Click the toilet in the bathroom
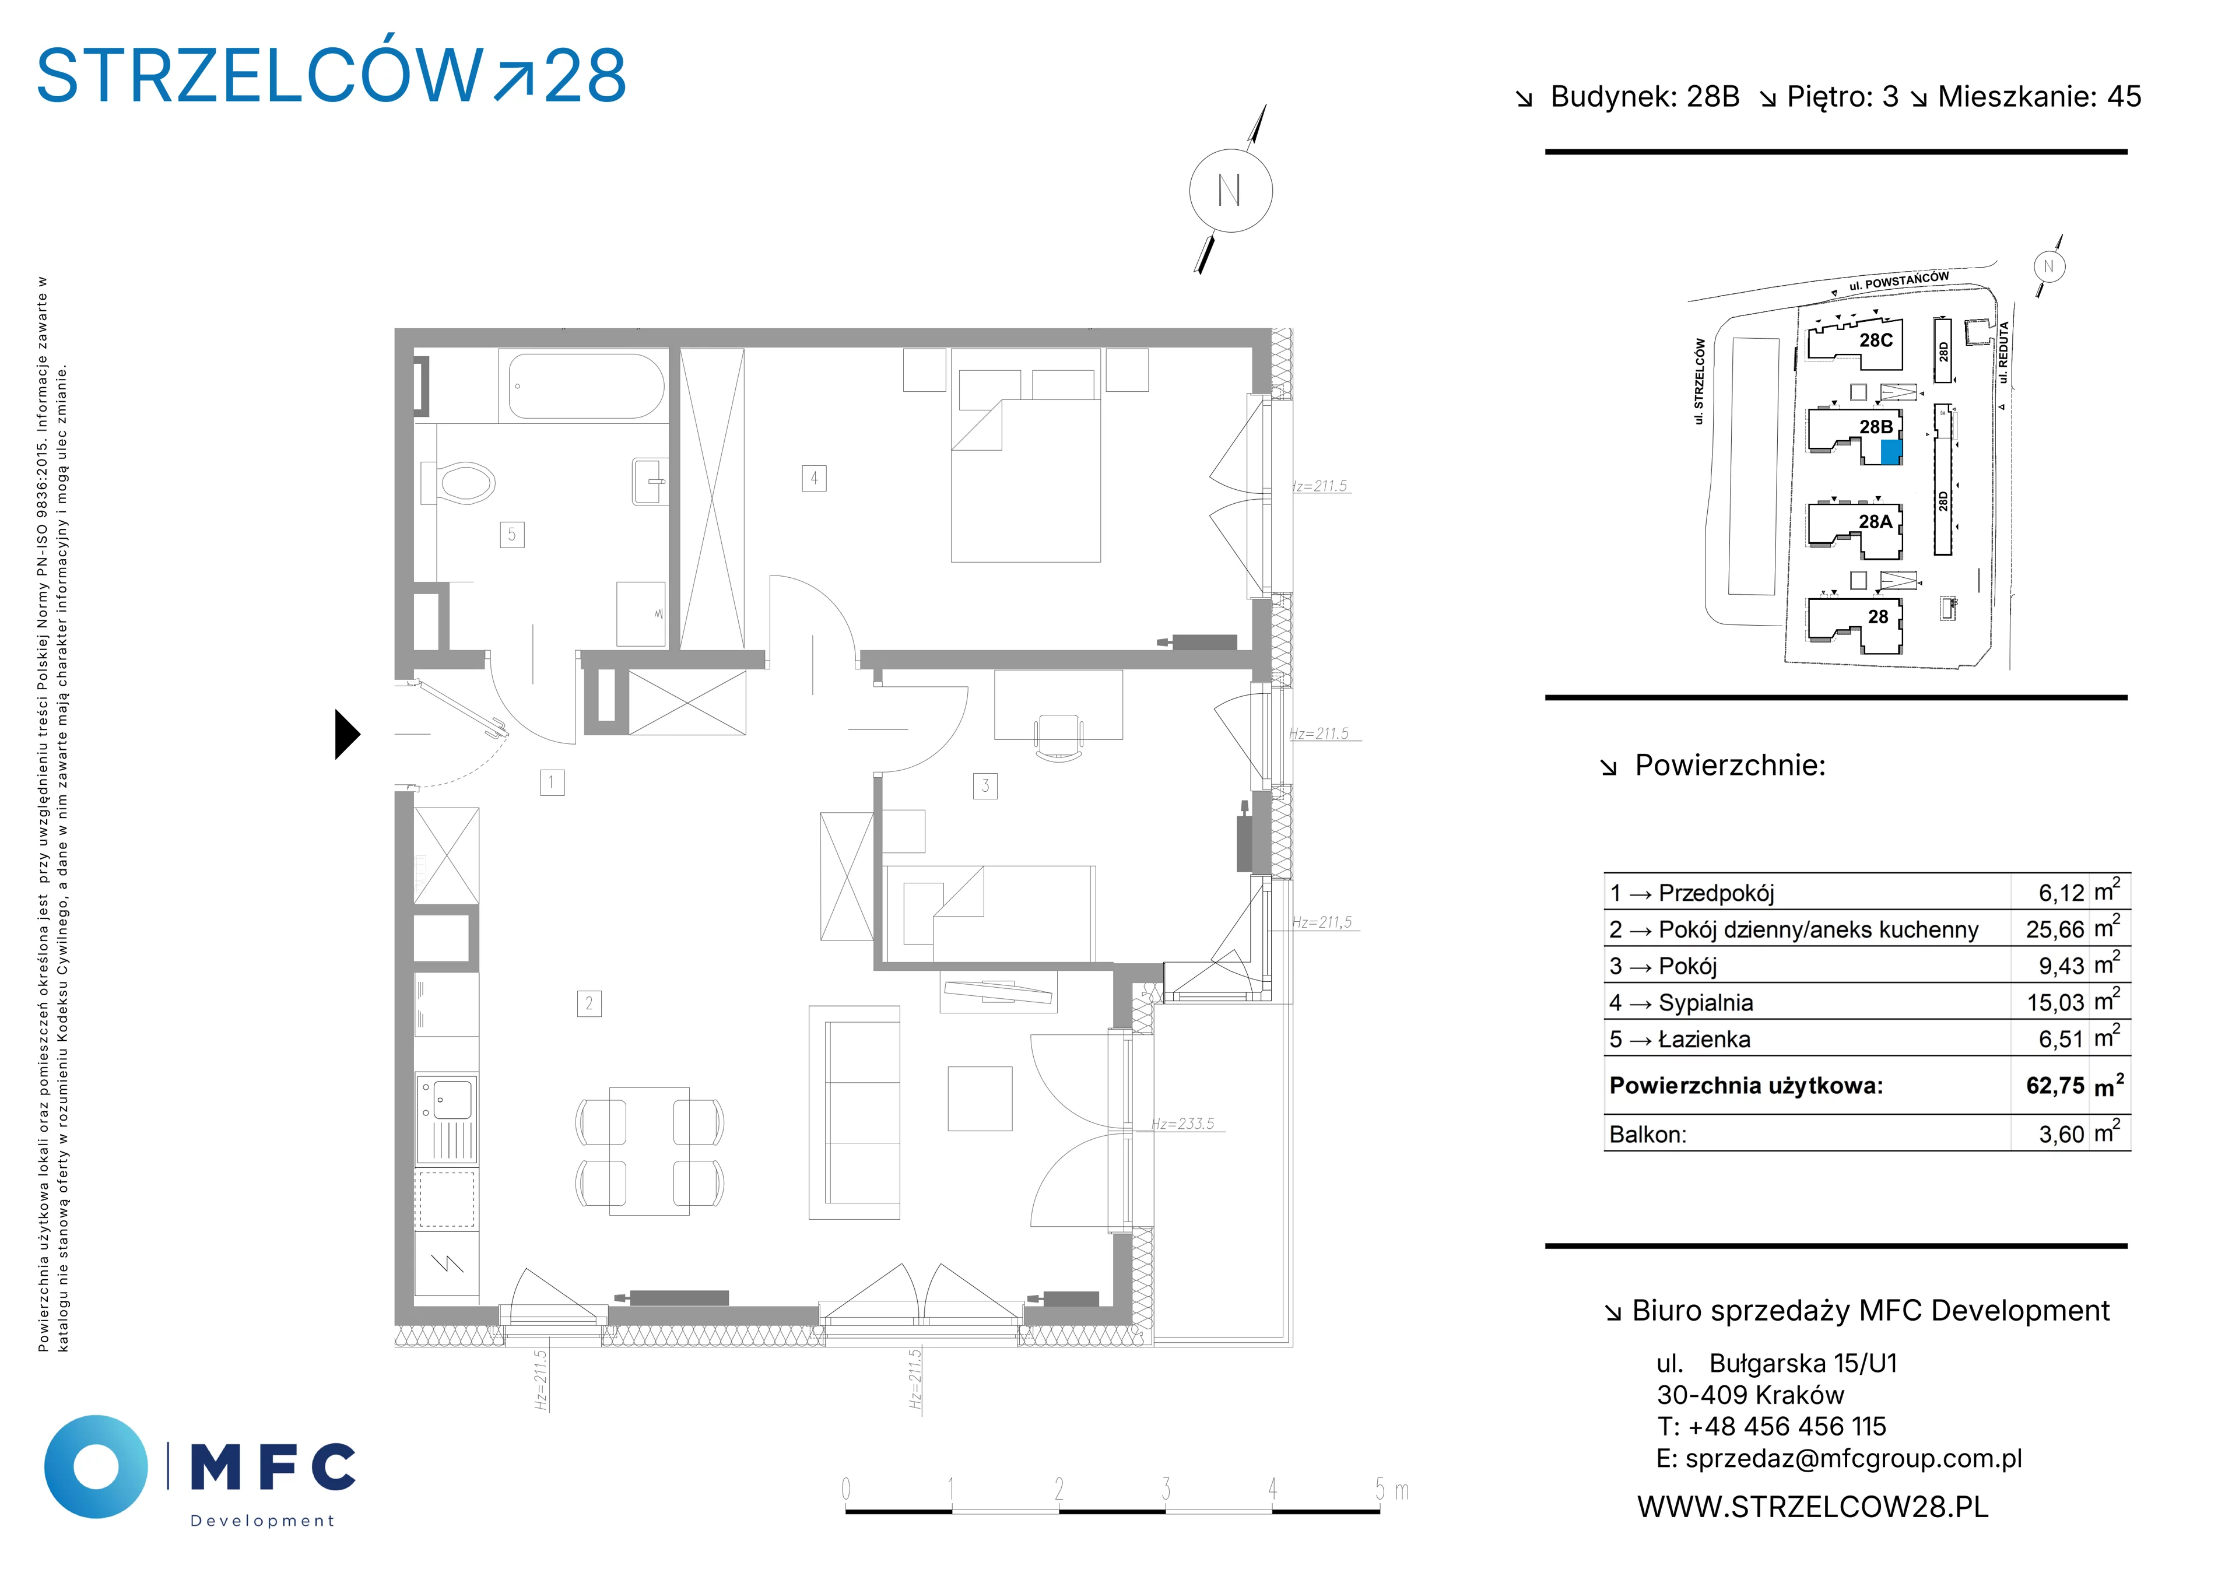(x=458, y=482)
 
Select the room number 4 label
(x=815, y=478)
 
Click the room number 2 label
(x=589, y=1003)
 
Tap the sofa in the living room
(x=854, y=1112)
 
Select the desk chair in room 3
(x=1058, y=736)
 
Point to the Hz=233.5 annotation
(x=1183, y=1124)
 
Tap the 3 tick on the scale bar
(x=1166, y=1489)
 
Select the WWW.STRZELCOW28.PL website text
(x=1813, y=1507)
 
